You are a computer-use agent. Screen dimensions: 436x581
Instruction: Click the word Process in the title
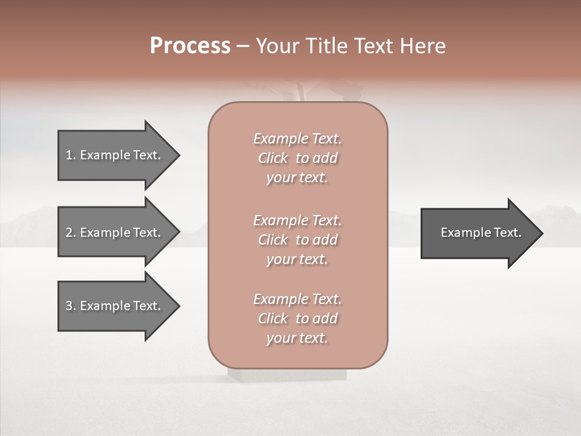coord(190,46)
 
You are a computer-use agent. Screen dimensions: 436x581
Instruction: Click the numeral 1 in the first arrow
coord(69,155)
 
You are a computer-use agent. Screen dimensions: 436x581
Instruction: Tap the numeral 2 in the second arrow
coord(69,233)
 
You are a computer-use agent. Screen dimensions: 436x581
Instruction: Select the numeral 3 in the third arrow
coord(69,306)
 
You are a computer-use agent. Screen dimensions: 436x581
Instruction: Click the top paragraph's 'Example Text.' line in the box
coord(297,139)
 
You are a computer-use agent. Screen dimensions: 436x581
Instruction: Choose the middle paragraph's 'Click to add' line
coord(297,240)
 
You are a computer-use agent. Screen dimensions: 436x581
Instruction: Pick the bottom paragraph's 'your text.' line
coord(297,338)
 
